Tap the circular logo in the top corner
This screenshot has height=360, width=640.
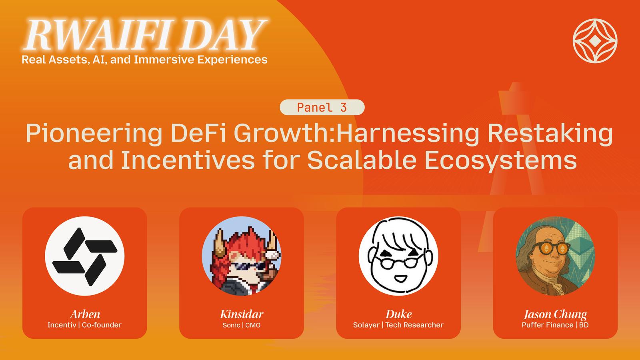[595, 41]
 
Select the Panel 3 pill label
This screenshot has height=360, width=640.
[322, 108]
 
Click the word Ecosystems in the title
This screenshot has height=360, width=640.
[500, 160]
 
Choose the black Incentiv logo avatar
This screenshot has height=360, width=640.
[84, 256]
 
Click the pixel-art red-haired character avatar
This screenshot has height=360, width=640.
[242, 256]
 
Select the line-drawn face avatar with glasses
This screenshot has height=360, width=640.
[398, 256]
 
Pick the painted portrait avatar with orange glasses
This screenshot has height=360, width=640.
[555, 256]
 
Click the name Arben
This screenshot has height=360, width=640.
[85, 314]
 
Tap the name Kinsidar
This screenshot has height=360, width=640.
[242, 314]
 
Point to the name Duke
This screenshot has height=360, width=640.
[398, 314]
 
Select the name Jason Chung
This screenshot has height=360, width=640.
[555, 314]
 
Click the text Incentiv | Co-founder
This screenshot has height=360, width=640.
[84, 325]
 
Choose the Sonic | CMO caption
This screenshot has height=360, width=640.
[242, 325]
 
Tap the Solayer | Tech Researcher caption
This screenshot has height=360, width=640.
[398, 325]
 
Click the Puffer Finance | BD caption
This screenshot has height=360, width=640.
[555, 325]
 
